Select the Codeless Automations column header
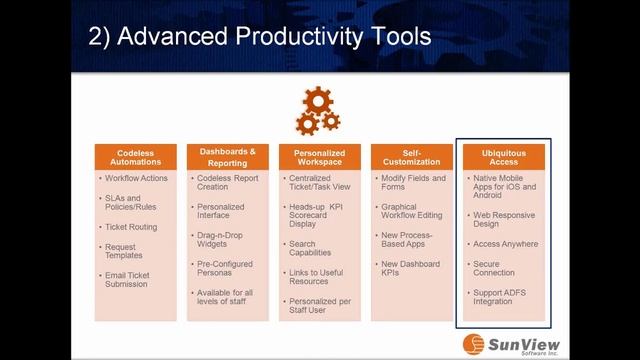pos(134,157)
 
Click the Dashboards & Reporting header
pos(227,157)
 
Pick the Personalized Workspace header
pos(319,157)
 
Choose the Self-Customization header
pos(411,157)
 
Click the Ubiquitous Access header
pos(503,157)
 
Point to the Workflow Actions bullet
pos(138,178)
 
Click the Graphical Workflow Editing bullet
pos(411,212)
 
